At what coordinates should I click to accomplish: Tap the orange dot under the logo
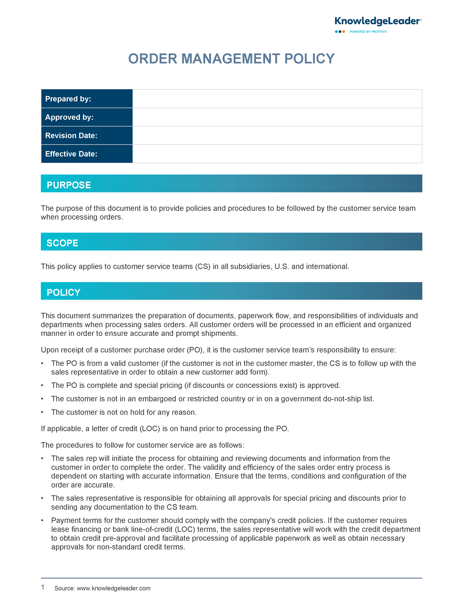[344, 32]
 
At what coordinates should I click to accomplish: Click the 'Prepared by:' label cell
[87, 99]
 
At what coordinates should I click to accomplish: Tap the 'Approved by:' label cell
[87, 117]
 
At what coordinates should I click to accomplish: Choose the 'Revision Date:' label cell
[87, 135]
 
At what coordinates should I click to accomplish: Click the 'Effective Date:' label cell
[87, 154]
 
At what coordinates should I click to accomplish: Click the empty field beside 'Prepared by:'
[277, 99]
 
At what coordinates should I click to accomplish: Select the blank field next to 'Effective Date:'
[277, 154]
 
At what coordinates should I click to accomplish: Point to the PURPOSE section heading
[69, 185]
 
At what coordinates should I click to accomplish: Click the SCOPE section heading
[63, 243]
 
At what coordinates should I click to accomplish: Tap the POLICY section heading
[64, 292]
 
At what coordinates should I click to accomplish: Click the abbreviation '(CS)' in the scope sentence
[203, 266]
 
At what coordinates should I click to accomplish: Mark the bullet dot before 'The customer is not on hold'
[42, 412]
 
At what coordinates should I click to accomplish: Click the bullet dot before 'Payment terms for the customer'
[42, 521]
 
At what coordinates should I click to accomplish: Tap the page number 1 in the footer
[43, 587]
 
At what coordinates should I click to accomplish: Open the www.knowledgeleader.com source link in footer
[113, 588]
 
